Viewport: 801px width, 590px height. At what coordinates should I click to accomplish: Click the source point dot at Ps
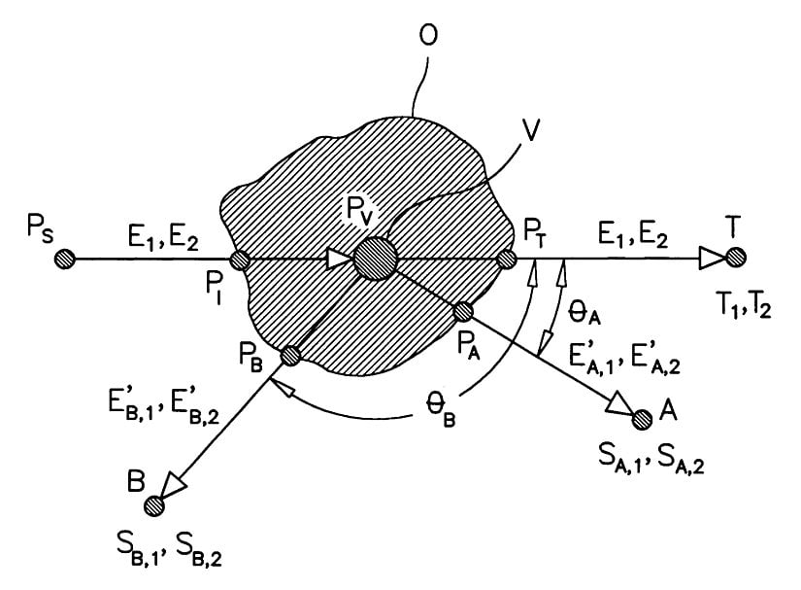[x=65, y=259]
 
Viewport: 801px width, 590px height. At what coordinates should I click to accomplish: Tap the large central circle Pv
[x=375, y=259]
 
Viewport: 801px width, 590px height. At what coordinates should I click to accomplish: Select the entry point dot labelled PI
[x=241, y=260]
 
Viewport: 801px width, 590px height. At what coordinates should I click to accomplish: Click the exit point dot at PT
[x=505, y=260]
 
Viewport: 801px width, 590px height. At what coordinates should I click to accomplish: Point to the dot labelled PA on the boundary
[x=463, y=311]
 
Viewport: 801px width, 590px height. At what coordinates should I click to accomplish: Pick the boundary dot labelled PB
[x=288, y=357]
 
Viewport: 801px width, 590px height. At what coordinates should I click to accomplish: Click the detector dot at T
[x=736, y=259]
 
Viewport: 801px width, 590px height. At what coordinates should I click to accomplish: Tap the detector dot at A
[x=642, y=419]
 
